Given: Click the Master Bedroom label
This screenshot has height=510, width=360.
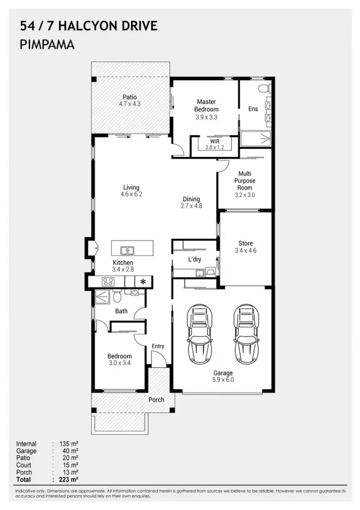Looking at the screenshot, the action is pos(206,105).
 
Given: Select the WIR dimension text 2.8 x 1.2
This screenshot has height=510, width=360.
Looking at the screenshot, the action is pos(215,147).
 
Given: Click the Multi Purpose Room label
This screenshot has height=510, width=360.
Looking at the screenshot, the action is pos(245,180).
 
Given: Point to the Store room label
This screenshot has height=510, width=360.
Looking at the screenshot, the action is pos(246,243).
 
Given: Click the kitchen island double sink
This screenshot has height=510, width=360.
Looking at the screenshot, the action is pos(128,250).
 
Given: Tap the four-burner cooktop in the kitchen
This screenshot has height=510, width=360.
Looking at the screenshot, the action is pos(108,281).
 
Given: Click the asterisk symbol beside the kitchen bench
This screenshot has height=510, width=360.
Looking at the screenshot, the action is pos(142,281).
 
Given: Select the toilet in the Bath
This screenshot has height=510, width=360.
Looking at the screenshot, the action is pos(117,296).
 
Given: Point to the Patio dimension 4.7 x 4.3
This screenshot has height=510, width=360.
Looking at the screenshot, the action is pos(130,104).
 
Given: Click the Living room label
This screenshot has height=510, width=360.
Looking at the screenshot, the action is pos(131,187).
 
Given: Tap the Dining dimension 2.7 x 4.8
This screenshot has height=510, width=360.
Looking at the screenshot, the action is pos(192,206).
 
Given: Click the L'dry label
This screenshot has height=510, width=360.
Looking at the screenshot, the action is pos(194,259).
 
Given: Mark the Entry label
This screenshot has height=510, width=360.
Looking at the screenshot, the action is pos(158,347).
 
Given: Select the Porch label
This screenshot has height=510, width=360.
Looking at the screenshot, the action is pos(156,400).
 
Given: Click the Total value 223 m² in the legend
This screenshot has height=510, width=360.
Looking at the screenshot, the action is pos(68,479).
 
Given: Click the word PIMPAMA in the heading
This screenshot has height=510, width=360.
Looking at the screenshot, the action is pos(47,44).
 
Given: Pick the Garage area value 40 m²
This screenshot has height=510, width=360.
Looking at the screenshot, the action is pos(70,451).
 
